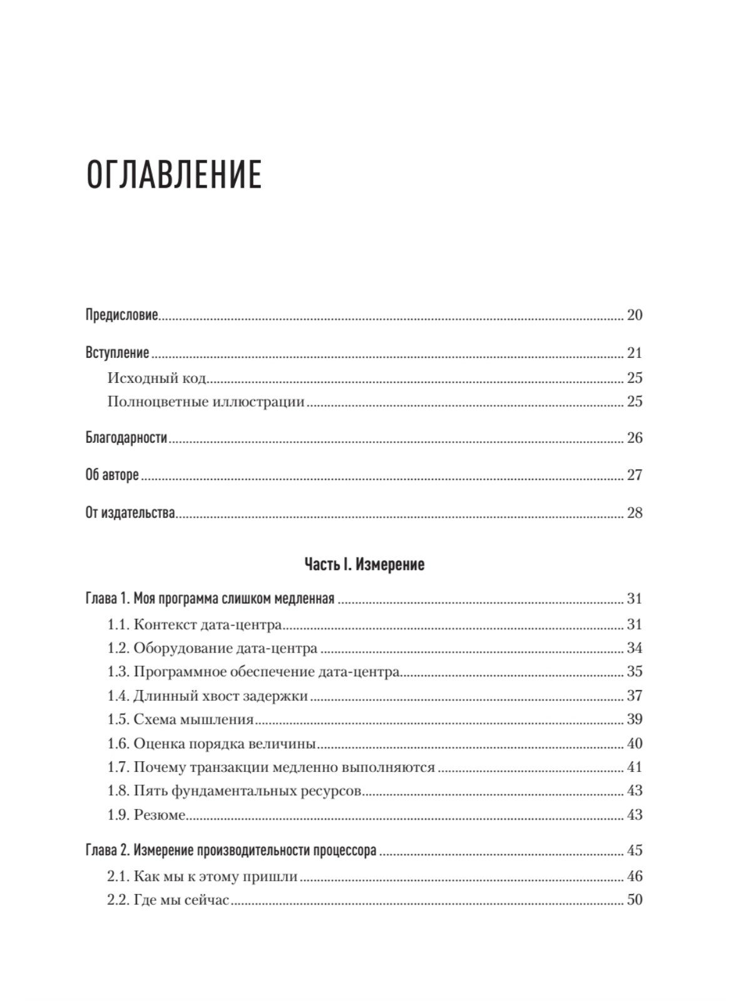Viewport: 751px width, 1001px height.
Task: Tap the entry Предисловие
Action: coord(122,315)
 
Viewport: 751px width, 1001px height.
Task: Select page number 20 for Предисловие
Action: coord(634,315)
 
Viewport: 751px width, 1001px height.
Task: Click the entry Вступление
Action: coord(117,353)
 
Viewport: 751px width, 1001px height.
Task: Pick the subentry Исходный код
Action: coord(157,378)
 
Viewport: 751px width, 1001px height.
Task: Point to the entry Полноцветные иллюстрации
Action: coord(206,402)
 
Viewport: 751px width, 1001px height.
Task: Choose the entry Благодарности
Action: coord(126,438)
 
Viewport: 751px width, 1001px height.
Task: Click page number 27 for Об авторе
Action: coord(634,475)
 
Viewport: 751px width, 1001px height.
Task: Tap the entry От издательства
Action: coord(130,514)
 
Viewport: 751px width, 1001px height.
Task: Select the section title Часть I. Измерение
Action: coord(364,564)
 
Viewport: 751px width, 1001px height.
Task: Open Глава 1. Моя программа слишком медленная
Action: coord(210,599)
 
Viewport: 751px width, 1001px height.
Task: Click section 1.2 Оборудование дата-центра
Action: coord(212,648)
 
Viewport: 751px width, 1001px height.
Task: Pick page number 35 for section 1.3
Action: coord(634,672)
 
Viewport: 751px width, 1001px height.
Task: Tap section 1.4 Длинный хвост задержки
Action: coord(208,696)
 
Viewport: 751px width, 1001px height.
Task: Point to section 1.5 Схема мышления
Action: coord(180,719)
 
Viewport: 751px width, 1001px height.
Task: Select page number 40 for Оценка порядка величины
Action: coord(634,744)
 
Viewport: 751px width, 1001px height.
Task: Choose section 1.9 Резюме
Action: coord(147,815)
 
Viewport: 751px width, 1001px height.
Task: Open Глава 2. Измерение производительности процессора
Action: coord(230,851)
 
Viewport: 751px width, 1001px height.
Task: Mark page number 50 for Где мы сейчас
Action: coord(634,901)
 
